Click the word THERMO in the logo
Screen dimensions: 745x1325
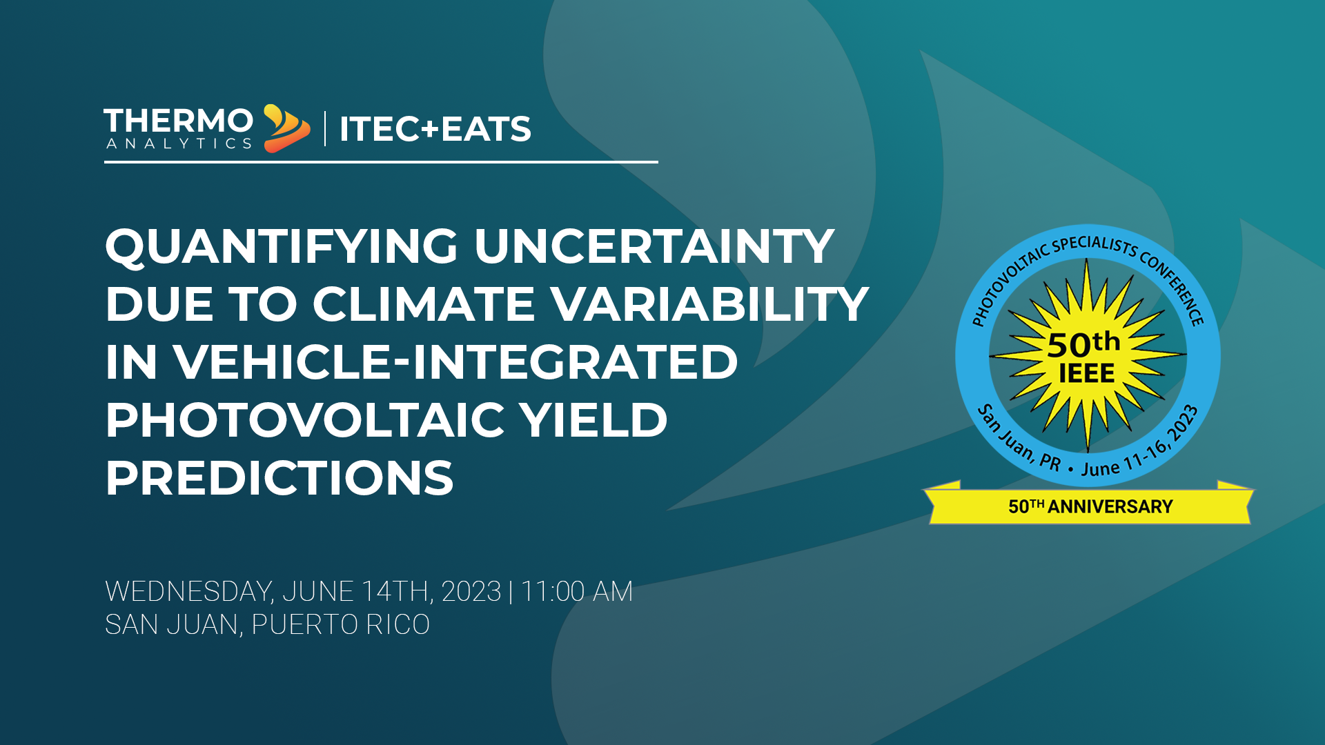[179, 121]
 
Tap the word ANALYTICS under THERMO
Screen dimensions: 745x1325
[179, 143]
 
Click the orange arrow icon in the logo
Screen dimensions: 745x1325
[286, 129]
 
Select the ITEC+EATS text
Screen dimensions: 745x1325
[435, 129]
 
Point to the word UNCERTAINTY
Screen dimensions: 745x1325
[654, 246]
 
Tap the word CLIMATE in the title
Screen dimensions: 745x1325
[424, 304]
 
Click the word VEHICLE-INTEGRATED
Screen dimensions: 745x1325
[455, 362]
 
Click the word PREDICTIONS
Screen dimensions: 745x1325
[279, 478]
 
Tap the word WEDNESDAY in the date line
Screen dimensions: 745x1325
[189, 592]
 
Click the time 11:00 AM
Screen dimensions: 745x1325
[577, 592]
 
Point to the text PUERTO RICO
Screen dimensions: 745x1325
[340, 625]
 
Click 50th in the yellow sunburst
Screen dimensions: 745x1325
[1083, 343]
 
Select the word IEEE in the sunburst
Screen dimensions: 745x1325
[1087, 374]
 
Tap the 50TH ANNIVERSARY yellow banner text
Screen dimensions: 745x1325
[1090, 507]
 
